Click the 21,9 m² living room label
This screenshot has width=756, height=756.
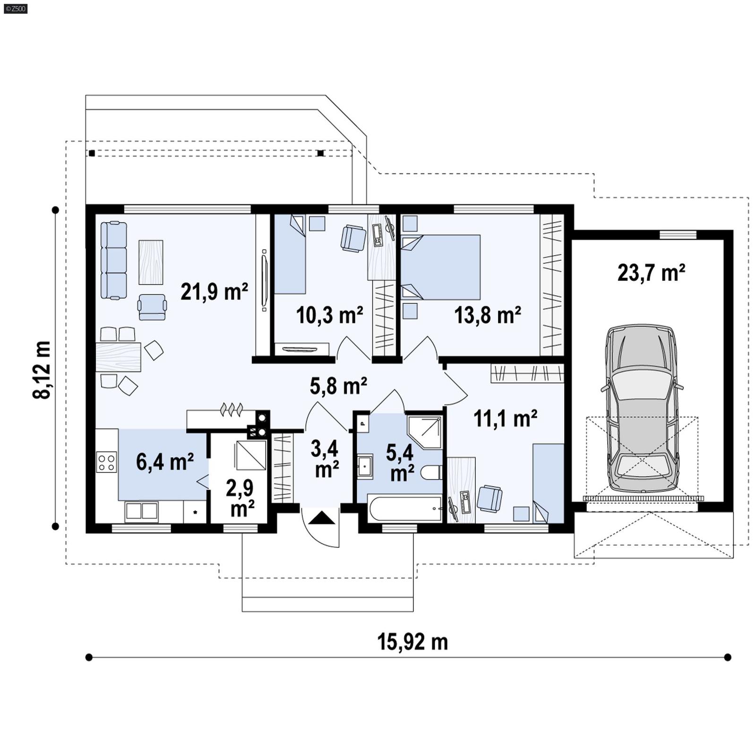click(x=214, y=292)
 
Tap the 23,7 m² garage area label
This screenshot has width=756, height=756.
click(x=651, y=273)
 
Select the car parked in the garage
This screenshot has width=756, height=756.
click(x=642, y=409)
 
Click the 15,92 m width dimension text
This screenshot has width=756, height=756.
click(x=412, y=642)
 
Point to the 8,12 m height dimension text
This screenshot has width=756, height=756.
click(x=42, y=369)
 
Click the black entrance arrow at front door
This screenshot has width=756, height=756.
click(x=321, y=518)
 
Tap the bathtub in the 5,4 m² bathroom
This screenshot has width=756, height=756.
click(x=405, y=508)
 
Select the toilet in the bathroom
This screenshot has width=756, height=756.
click(x=431, y=472)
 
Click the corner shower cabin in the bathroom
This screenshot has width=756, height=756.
click(x=424, y=431)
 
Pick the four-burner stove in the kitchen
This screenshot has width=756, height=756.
click(x=106, y=462)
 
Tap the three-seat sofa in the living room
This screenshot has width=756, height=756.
click(x=114, y=260)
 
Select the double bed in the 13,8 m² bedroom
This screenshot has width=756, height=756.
click(x=440, y=267)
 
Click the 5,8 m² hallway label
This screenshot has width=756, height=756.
click(x=338, y=386)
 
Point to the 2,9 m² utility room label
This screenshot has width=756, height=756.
click(x=240, y=498)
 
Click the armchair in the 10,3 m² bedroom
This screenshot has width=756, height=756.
click(x=353, y=238)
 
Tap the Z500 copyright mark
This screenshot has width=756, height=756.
click(x=15, y=8)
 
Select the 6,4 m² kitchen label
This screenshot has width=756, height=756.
click(x=164, y=462)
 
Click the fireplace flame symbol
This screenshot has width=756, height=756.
click(x=232, y=409)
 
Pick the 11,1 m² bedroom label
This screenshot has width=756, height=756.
click(x=505, y=418)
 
